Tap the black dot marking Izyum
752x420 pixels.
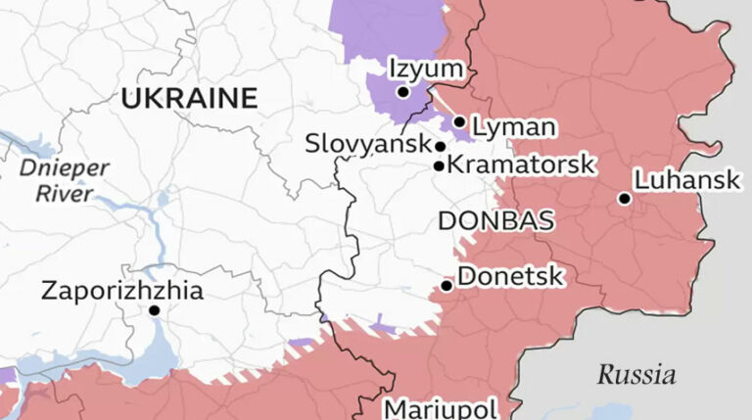tap(402, 92)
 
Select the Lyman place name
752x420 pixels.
tap(513, 126)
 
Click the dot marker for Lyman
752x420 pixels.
tap(459, 122)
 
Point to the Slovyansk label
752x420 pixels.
tap(366, 143)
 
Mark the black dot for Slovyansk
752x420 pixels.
tap(441, 147)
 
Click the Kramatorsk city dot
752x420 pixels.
tap(439, 165)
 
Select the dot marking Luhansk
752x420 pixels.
tap(624, 199)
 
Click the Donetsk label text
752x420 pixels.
tap(510, 277)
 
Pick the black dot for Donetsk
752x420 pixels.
tap(446, 286)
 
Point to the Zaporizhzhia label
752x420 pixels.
tap(122, 291)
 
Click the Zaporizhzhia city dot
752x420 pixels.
tap(154, 310)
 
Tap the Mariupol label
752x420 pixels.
tap(441, 408)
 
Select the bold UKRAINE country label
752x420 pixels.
tap(189, 98)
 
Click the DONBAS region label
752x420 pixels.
tap(495, 220)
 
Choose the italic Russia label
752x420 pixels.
tap(636, 374)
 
